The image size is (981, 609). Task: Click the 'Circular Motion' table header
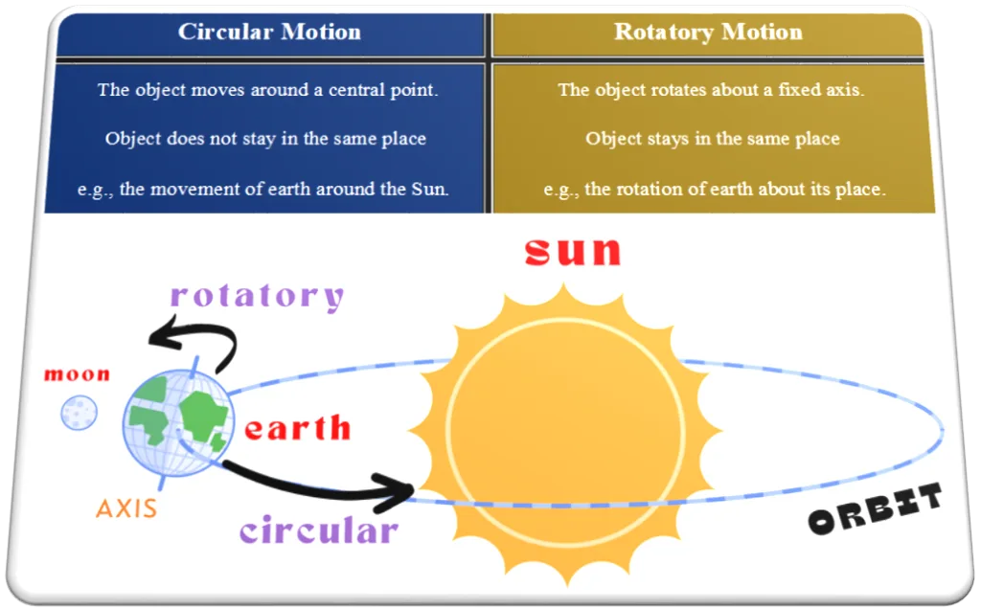(269, 32)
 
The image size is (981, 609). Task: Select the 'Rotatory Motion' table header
(708, 32)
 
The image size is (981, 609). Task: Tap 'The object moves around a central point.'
(268, 90)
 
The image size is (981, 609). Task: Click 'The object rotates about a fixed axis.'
(711, 90)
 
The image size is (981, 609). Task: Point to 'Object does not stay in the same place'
(265, 138)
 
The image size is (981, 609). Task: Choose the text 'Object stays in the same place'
(712, 138)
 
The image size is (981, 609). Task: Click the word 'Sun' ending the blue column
(430, 189)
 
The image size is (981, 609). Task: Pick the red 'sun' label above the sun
(573, 251)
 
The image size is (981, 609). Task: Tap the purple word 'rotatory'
(257, 296)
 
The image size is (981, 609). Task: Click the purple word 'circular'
(318, 530)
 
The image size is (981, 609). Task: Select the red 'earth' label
(297, 428)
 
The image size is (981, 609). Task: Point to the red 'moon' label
(77, 374)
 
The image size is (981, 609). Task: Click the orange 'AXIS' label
(126, 508)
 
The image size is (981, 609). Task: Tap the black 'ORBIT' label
(876, 508)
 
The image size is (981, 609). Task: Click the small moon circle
(79, 413)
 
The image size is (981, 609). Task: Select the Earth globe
(179, 422)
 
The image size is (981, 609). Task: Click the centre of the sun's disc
(566, 433)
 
